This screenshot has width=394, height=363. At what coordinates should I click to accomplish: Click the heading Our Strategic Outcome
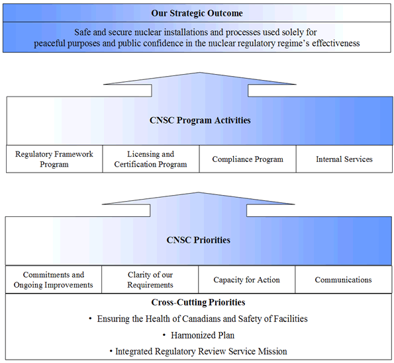pos(197,13)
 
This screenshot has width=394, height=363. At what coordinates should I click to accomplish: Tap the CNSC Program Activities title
pos(199,120)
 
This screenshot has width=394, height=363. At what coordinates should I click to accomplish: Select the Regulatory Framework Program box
pos(54,159)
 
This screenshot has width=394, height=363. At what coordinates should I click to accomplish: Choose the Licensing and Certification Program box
pos(150,159)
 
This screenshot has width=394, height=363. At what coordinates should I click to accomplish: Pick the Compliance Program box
pos(247,159)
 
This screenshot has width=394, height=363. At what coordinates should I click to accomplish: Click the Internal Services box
pos(344,159)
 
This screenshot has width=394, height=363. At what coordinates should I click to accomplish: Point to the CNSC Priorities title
pos(199,240)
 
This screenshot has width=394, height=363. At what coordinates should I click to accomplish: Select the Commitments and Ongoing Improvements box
pos(54,280)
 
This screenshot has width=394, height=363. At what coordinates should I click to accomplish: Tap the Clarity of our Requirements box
pos(150,280)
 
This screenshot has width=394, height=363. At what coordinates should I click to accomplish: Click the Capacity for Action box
pos(246,280)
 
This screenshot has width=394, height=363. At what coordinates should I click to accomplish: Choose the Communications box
pos(343,280)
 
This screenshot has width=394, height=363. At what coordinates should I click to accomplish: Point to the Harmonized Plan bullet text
pos(199,335)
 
